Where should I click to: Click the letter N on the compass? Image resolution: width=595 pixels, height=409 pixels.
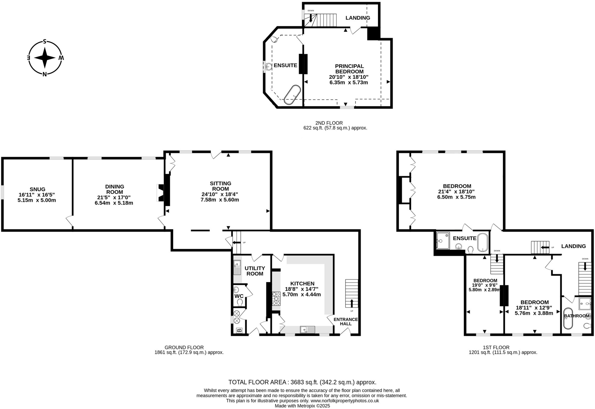[x=44, y=74]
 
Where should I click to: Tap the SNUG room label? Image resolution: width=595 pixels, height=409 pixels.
[x=37, y=189]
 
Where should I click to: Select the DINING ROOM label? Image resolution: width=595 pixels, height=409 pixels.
[x=114, y=189]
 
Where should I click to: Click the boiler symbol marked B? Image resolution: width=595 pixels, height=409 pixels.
[x=239, y=330]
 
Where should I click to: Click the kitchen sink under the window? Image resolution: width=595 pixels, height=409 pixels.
[x=307, y=330]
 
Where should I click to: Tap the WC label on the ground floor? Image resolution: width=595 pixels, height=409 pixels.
[x=239, y=296]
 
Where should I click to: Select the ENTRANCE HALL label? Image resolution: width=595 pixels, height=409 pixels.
[x=345, y=321]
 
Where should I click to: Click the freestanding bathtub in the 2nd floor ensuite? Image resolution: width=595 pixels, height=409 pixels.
[x=292, y=95]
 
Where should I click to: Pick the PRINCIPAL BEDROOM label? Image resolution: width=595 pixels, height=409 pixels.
[x=349, y=69]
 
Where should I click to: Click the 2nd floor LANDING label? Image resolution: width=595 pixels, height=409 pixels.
[x=358, y=18]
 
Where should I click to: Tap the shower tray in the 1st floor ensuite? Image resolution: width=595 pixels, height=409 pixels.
[x=443, y=241]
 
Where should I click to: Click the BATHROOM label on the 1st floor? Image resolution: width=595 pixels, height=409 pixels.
[x=576, y=316]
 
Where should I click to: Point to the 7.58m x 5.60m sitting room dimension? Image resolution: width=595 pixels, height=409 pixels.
[x=220, y=200]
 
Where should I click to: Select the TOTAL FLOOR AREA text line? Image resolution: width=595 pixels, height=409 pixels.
[x=302, y=382]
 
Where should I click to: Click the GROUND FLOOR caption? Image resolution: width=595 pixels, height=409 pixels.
[x=184, y=347]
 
